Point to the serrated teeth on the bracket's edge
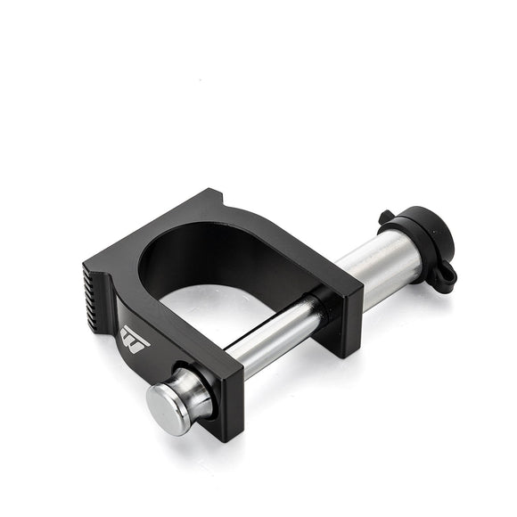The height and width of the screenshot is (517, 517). [x=96, y=288]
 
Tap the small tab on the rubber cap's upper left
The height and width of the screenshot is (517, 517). [x=385, y=217]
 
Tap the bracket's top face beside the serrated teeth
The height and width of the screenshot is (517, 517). [x=116, y=267]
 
